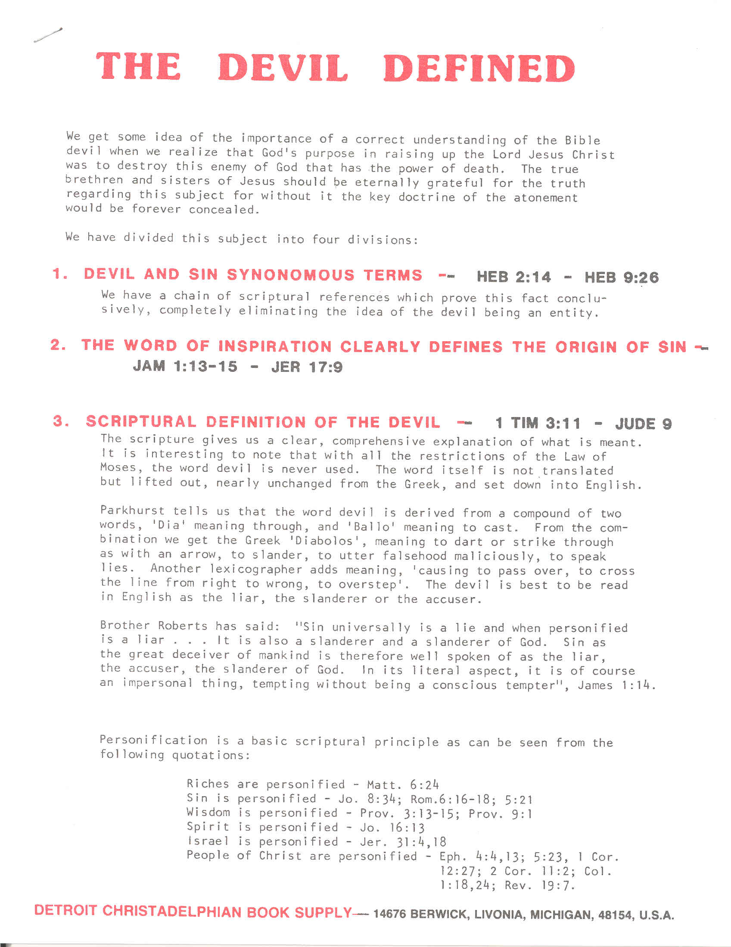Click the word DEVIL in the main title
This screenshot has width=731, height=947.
click(283, 68)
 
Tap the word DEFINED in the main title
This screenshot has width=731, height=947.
click(479, 69)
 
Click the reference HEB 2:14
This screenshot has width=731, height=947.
click(514, 277)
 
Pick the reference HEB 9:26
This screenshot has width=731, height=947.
click(621, 277)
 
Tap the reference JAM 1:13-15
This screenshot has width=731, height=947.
click(185, 367)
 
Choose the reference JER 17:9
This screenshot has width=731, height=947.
click(307, 368)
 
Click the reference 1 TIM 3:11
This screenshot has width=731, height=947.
click(538, 423)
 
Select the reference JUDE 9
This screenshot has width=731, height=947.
click(644, 424)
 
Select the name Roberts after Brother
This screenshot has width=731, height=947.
click(183, 625)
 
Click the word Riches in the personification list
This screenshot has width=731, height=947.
click(208, 784)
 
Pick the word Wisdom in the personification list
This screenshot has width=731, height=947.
click(208, 812)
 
